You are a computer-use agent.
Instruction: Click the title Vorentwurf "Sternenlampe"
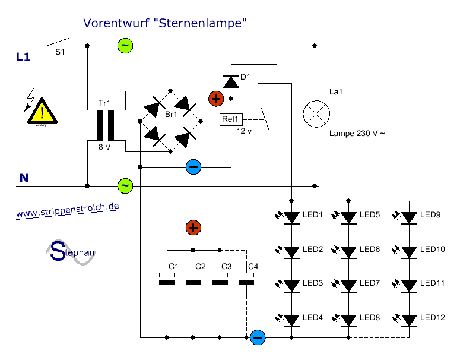tap(165, 23)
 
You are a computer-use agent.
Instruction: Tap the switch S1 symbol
tap(56, 43)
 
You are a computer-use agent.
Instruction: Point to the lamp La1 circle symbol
tap(315, 112)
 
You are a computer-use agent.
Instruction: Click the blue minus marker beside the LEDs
tap(258, 337)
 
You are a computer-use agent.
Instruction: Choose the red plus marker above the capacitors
tap(193, 227)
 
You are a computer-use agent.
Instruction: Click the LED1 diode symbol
tap(291, 218)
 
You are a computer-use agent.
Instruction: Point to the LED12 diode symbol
tap(408, 320)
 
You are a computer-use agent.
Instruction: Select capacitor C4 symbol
tap(246, 279)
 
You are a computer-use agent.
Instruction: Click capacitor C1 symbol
tap(167, 279)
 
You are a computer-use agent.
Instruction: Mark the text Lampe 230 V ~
tap(357, 134)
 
